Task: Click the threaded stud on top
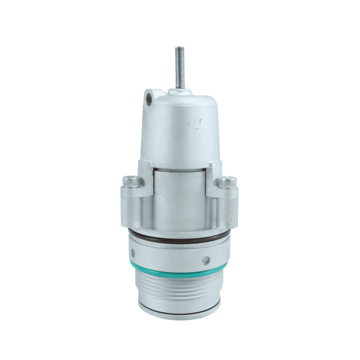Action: tap(180, 68)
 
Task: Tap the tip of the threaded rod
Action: tap(180, 48)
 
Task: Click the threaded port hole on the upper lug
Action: tap(149, 99)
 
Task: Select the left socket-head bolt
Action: tap(129, 181)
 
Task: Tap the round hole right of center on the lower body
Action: tap(206, 260)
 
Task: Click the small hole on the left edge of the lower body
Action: tap(133, 253)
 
